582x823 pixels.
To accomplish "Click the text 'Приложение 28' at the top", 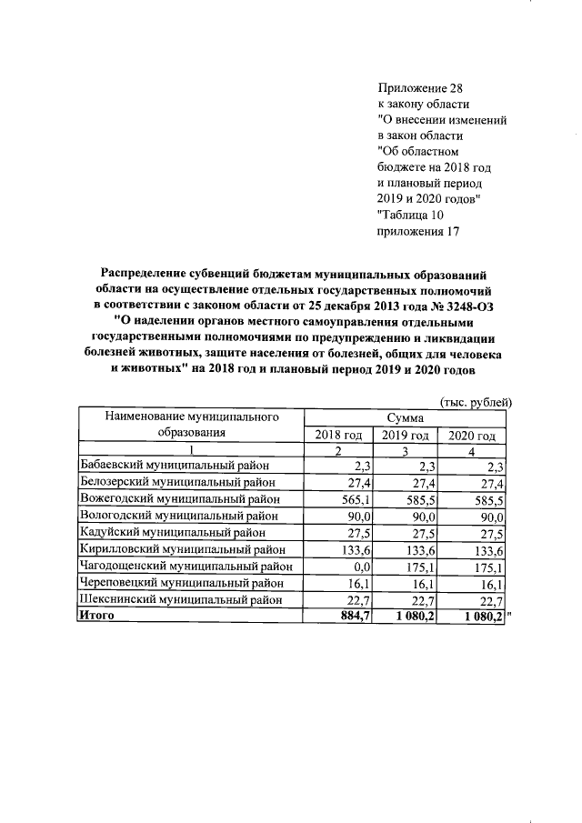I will (x=419, y=88).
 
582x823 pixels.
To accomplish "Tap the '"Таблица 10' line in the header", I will (x=409, y=215).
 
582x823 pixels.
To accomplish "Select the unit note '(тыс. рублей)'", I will (x=477, y=401).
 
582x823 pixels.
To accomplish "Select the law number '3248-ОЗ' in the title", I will (x=472, y=304).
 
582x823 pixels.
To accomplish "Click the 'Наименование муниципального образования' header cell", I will (x=190, y=425).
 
